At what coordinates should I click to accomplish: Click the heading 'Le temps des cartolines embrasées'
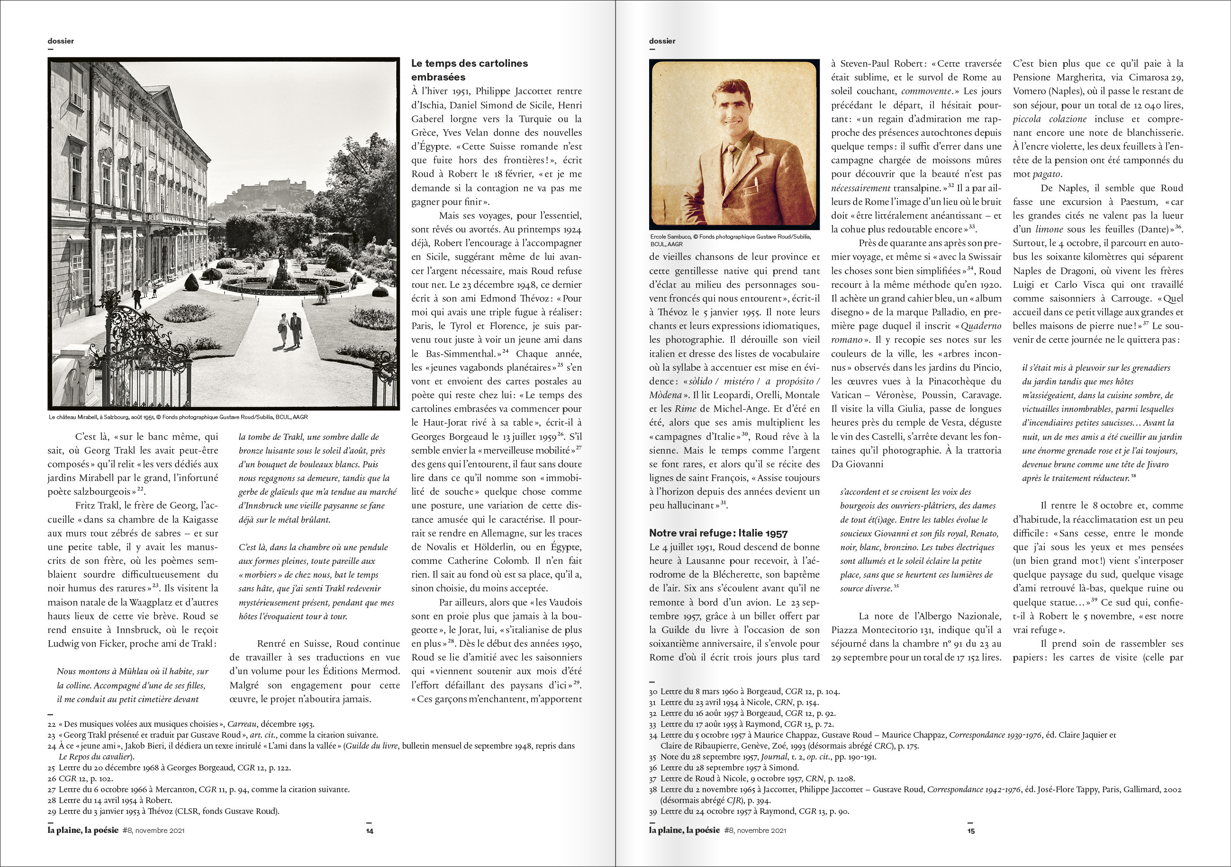[469, 70]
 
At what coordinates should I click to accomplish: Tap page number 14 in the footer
[370, 831]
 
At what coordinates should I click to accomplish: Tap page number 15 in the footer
[970, 831]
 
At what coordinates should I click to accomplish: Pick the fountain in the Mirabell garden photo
[282, 278]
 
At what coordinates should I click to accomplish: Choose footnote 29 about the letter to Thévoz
[163, 811]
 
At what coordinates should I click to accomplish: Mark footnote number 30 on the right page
[652, 692]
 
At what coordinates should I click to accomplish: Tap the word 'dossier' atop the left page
[61, 41]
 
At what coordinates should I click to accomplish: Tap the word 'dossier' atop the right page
[662, 41]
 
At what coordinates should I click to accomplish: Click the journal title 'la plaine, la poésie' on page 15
[684, 831]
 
